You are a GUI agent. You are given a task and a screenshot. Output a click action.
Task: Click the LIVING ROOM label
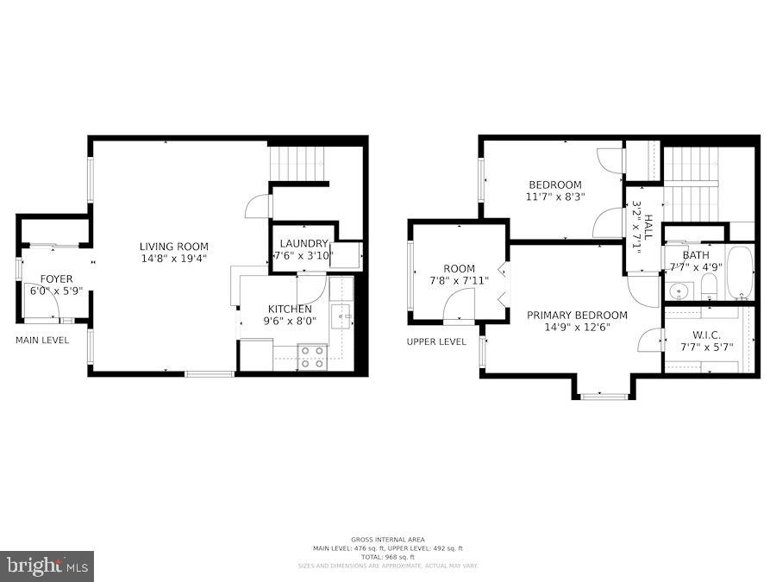pyautogui.click(x=173, y=246)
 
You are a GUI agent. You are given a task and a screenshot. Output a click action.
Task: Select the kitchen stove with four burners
pyautogui.click(x=311, y=357)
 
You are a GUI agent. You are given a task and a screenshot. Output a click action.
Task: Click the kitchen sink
pyautogui.click(x=341, y=316)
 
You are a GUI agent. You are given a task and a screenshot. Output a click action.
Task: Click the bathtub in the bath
pyautogui.click(x=740, y=272)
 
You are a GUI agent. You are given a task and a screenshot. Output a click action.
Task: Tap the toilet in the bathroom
pyautogui.click(x=709, y=287)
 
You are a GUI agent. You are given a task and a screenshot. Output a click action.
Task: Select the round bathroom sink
pyautogui.click(x=678, y=290)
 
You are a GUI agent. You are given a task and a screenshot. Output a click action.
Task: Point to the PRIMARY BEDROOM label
pyautogui.click(x=577, y=315)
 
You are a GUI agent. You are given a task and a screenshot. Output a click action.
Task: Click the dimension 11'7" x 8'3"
pyautogui.click(x=555, y=197)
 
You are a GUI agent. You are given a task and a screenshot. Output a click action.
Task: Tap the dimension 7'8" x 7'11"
pyautogui.click(x=459, y=280)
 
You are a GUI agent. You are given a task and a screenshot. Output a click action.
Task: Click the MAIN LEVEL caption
pyautogui.click(x=42, y=341)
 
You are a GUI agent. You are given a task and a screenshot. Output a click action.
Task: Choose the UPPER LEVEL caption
pyautogui.click(x=436, y=341)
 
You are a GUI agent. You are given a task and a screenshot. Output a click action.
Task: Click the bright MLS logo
pyautogui.click(x=47, y=566)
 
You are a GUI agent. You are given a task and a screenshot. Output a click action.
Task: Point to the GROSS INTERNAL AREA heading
pyautogui.click(x=388, y=540)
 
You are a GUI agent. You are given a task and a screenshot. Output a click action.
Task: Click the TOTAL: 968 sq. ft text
pyautogui.click(x=388, y=557)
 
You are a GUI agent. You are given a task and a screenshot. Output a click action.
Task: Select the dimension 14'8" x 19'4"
pyautogui.click(x=173, y=258)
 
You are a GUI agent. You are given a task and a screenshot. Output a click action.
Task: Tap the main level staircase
pyautogui.click(x=297, y=160)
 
